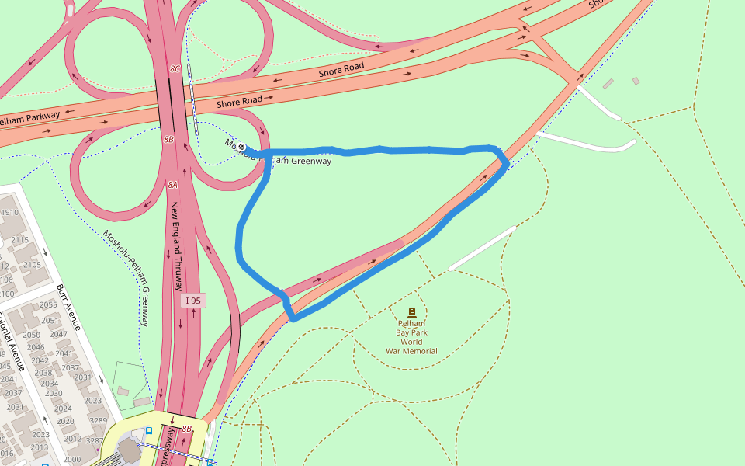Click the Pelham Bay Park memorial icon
411,312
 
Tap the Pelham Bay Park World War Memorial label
411,336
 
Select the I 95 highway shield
193,300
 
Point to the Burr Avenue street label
69,307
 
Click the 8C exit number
175,69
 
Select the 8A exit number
172,186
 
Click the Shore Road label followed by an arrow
245,101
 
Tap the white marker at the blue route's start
242,147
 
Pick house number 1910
9,213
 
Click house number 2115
20,240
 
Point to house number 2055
49,305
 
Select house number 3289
98,420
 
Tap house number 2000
72,460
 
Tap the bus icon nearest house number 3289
149,429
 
